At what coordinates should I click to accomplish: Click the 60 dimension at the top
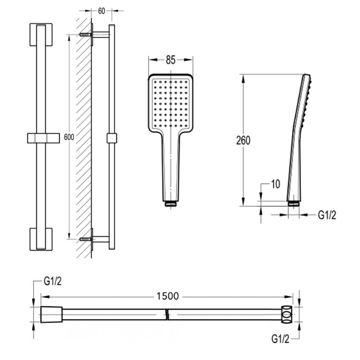coord(102,11)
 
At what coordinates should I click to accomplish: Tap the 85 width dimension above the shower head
coord(170,60)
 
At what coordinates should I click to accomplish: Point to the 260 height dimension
coord(245,141)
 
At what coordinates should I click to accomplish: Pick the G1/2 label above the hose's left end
coord(53,282)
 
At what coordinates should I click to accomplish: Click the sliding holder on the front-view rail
coord(43,137)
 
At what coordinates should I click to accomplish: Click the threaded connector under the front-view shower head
coord(171,203)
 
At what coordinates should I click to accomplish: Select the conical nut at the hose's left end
coord(51,314)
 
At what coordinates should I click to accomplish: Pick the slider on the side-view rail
coord(112,137)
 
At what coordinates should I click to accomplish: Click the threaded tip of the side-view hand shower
coord(293,202)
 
